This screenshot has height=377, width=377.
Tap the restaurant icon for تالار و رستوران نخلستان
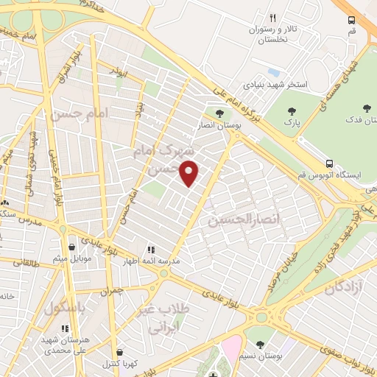pyautogui.click(x=273, y=18)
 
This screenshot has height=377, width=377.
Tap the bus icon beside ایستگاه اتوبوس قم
pyautogui.click(x=329, y=163)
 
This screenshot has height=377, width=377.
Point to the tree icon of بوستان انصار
pyautogui.click(x=219, y=113)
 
